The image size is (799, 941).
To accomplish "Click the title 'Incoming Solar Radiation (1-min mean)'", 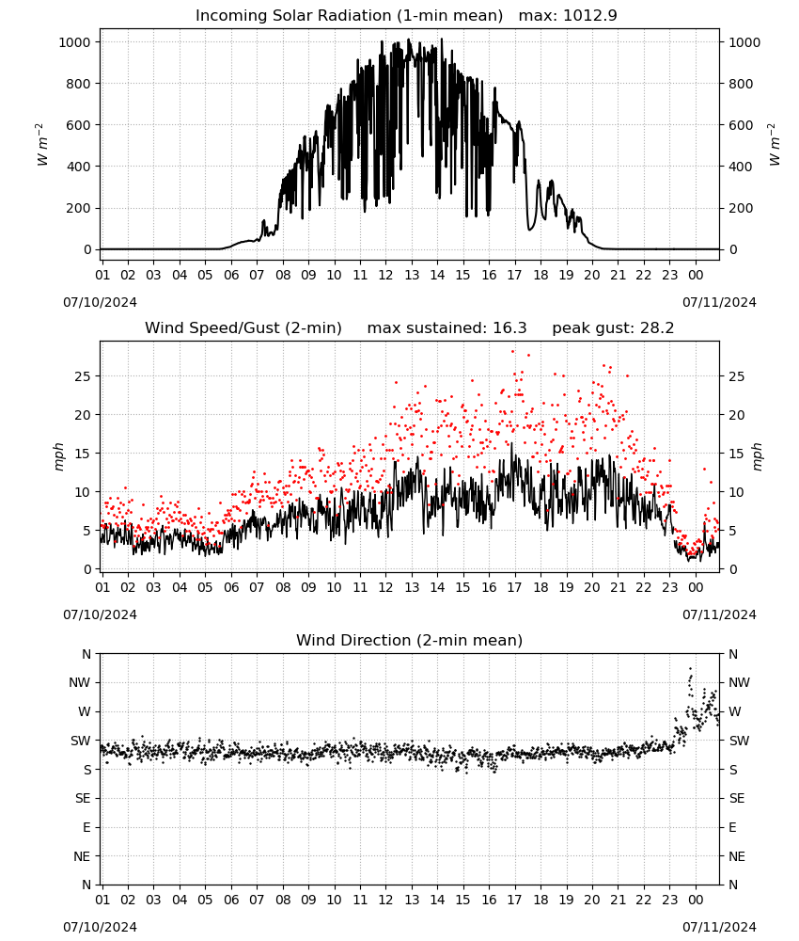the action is coord(349,16).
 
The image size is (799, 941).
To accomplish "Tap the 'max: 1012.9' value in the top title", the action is coord(568,16).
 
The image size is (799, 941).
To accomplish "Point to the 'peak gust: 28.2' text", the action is coord(613,328).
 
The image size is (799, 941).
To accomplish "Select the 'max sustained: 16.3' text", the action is coord(446,328).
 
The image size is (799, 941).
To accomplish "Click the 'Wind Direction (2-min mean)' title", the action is coord(410,640).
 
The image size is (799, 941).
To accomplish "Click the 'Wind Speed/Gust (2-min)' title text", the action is coord(243,328).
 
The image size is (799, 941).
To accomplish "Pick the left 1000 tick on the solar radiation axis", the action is coord(75,42).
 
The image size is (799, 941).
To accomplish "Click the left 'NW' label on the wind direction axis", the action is coord(80,682).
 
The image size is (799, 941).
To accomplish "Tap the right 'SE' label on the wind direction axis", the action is coord(737,798).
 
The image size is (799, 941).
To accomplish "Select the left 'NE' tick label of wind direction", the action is coord(82,856).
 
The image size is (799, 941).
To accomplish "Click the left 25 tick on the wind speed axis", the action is coord(83,377).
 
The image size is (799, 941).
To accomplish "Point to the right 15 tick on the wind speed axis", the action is coord(737,454).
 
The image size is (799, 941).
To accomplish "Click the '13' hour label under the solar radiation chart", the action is coord(412,275).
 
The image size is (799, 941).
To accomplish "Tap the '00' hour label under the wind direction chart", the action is coord(696,900).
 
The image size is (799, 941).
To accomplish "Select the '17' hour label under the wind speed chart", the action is coord(514,587).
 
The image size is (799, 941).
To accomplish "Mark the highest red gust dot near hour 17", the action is coord(512,352).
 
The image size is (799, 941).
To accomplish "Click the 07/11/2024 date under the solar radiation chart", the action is coord(719,302).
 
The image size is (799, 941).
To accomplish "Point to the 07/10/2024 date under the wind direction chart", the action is coord(100,927).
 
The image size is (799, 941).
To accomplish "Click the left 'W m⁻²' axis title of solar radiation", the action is coord(42,145).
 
